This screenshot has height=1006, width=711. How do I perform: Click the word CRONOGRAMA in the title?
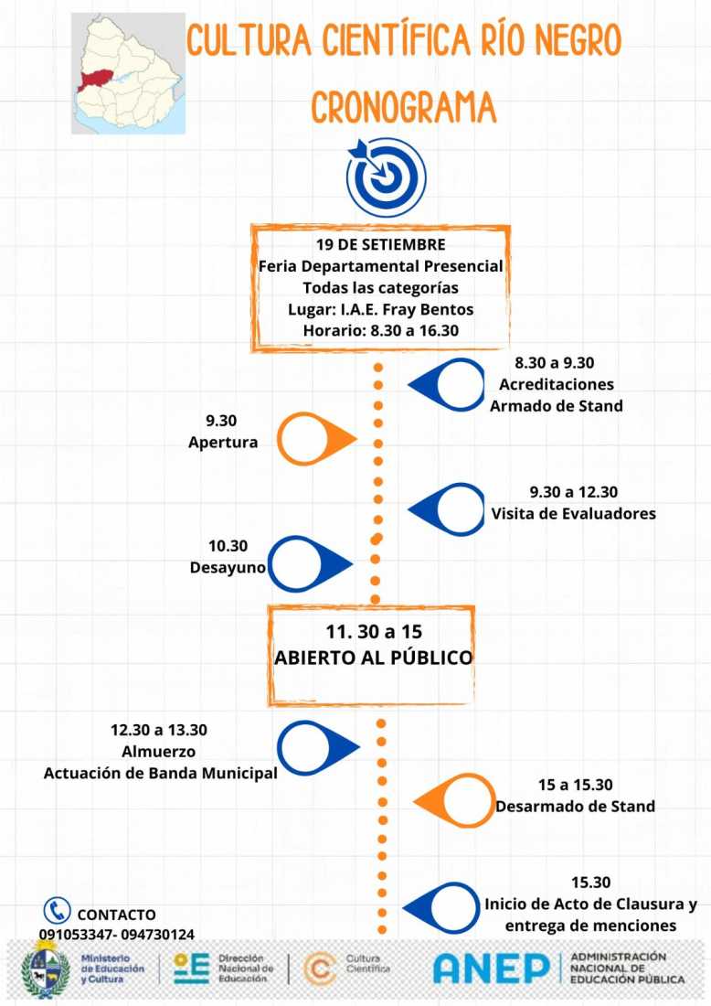[403, 107]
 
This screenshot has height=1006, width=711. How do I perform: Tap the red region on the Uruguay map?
[98, 80]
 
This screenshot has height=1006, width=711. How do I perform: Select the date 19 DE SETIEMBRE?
[380, 244]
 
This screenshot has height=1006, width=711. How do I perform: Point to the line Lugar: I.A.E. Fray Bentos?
[380, 309]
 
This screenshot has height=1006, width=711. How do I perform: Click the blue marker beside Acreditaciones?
[447, 384]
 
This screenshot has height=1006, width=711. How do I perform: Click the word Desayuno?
[228, 567]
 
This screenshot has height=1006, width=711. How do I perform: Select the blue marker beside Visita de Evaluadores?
[447, 509]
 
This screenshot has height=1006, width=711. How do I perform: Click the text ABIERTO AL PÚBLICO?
[373, 658]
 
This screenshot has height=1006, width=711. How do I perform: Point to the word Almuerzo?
[159, 751]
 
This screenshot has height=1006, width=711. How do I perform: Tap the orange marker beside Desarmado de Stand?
[454, 801]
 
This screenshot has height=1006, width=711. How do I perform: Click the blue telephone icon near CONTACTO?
[57, 910]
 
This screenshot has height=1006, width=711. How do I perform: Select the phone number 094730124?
[157, 935]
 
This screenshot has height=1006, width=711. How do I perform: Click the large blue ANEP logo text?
[492, 969]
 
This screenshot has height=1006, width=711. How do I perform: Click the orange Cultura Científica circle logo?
[320, 969]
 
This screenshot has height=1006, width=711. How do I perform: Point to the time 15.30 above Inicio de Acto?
[590, 883]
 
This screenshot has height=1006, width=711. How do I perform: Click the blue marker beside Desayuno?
[310, 564]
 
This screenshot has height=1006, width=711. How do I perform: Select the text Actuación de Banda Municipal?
[160, 773]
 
